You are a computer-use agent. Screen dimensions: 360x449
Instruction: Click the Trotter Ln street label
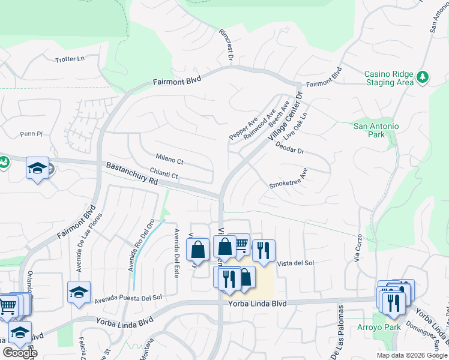(x=70, y=59)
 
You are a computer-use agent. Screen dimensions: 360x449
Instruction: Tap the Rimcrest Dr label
(x=226, y=44)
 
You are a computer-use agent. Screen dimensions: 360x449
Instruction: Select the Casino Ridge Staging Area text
(x=389, y=78)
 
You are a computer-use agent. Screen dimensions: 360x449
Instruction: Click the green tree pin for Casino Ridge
(x=423, y=77)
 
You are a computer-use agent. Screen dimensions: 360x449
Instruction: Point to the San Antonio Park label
(x=376, y=130)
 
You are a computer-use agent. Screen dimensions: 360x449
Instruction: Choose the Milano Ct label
(x=169, y=160)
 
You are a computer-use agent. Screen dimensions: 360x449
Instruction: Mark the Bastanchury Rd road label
(x=131, y=173)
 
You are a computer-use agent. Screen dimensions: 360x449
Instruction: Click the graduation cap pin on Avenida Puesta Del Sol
(x=79, y=292)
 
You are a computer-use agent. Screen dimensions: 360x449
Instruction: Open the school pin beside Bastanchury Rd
(x=37, y=168)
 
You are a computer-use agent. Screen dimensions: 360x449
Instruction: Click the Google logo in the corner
(x=20, y=352)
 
